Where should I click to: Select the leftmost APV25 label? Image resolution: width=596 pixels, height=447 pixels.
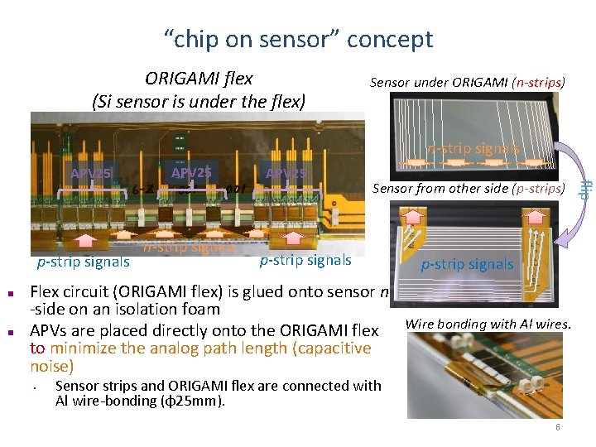(91, 174)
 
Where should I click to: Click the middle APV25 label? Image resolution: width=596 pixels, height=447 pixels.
(191, 173)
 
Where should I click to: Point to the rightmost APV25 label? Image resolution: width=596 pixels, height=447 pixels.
(286, 173)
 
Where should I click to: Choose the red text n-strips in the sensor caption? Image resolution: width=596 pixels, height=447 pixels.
(539, 83)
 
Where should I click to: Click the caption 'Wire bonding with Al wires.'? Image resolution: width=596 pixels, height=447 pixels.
(488, 324)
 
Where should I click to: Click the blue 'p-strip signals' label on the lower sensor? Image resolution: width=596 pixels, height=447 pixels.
(467, 265)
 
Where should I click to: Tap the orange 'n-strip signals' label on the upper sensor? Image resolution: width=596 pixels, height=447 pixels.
(473, 149)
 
